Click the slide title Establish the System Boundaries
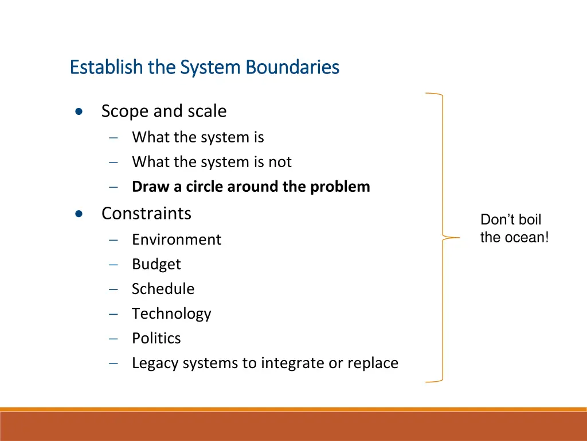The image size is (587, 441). (205, 67)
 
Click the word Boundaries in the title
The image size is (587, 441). (292, 67)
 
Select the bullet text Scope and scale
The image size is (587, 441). (163, 111)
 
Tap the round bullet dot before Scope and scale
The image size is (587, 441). (79, 111)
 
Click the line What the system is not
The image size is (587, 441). (212, 162)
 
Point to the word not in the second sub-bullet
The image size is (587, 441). (280, 162)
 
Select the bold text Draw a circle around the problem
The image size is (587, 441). (251, 187)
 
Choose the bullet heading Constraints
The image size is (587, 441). (146, 213)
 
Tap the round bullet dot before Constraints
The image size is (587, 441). (79, 214)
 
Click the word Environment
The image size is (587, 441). (176, 239)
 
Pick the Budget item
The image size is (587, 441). (156, 264)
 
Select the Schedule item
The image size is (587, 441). (163, 289)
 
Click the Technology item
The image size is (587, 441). (171, 314)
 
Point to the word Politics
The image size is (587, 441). (156, 338)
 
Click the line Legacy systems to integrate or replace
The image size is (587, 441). (265, 363)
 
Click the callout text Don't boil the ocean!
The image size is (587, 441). (514, 229)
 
